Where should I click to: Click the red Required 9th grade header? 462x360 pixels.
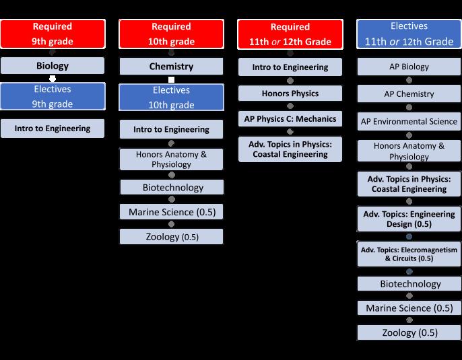click(x=53, y=34)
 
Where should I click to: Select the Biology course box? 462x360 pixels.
click(x=53, y=66)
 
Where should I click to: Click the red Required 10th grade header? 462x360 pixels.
click(x=171, y=34)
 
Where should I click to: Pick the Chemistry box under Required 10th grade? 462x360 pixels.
click(x=171, y=67)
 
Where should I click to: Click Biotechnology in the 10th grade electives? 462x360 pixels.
click(x=171, y=187)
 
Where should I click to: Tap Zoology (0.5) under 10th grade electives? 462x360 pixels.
click(x=171, y=236)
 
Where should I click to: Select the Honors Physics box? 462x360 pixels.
click(x=290, y=93)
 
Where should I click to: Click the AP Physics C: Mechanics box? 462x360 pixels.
click(x=290, y=119)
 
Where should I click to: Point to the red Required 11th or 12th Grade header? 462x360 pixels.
click(x=290, y=34)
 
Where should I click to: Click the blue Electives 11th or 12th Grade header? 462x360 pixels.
click(x=409, y=34)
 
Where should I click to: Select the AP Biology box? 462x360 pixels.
click(x=409, y=67)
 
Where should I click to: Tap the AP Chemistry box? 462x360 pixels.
click(x=409, y=94)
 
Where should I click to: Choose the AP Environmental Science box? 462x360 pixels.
click(x=409, y=122)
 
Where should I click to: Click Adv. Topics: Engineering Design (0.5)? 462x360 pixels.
click(x=409, y=219)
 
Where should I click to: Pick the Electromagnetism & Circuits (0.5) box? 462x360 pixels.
click(x=409, y=254)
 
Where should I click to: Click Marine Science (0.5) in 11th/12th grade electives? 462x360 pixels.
click(x=409, y=308)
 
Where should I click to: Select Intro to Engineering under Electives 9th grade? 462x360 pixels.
click(x=53, y=129)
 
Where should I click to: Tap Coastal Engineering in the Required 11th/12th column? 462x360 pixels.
click(x=290, y=149)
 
